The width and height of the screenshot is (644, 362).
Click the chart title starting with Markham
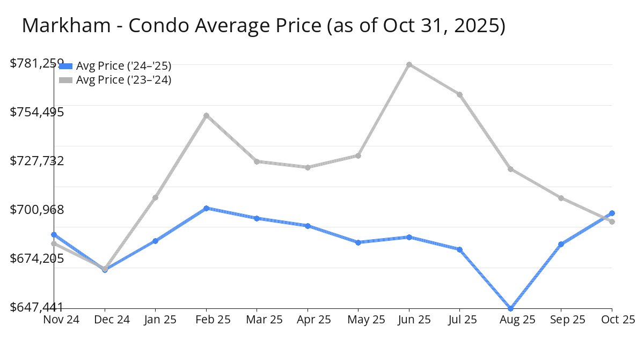pos(264,26)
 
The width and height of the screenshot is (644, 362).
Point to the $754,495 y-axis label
pos(37,112)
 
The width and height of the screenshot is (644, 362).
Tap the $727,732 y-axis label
pos(37,161)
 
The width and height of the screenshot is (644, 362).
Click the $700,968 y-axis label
pos(37,210)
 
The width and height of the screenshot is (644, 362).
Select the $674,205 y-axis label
pos(37,258)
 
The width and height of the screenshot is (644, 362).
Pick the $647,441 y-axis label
pos(37,307)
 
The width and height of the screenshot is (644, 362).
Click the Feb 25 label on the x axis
pos(206,320)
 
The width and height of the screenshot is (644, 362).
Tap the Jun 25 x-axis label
pos(409,320)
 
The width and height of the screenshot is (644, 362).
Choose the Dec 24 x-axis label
pos(105,320)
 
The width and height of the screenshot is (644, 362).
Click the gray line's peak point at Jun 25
pos(409,64)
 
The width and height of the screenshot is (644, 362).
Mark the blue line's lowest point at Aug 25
pos(510,308)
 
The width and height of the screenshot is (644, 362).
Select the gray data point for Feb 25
pos(206,115)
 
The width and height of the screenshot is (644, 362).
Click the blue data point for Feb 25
pos(206,208)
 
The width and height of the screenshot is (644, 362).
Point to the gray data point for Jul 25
pos(460,94)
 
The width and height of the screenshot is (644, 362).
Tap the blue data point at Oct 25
pos(612,213)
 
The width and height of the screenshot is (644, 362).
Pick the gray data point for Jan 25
pos(155,197)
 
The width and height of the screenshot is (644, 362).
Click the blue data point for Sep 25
pos(561,244)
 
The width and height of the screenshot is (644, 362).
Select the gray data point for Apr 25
pos(308,167)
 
